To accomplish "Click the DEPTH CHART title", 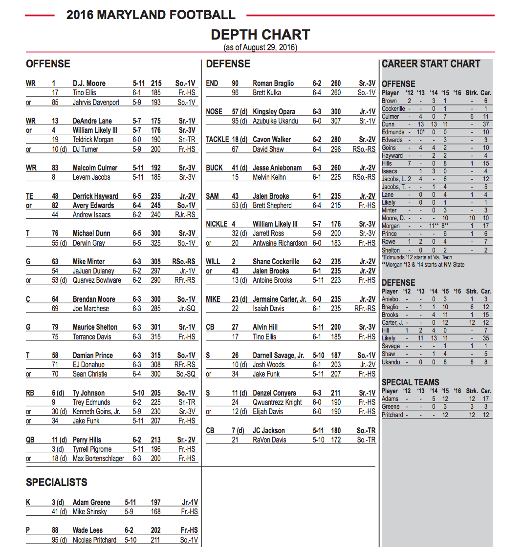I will (261, 35).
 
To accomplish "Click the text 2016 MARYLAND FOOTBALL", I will (151, 15).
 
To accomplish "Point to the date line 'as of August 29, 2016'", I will (261, 47).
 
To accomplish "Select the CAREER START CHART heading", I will (431, 64).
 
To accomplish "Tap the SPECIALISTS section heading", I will (57, 482).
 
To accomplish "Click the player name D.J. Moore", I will (89, 83).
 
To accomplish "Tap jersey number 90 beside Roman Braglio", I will (235, 83).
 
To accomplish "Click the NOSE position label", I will (214, 111).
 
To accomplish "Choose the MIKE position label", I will (213, 299).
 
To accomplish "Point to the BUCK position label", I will (215, 168).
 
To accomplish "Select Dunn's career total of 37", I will (485, 125).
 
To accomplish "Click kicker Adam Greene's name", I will (91, 502).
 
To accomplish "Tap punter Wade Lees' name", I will (87, 530).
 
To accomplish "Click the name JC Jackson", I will (268, 430).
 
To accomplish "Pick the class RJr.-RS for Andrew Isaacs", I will (184, 214).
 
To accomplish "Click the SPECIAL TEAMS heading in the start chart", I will (410, 382).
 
